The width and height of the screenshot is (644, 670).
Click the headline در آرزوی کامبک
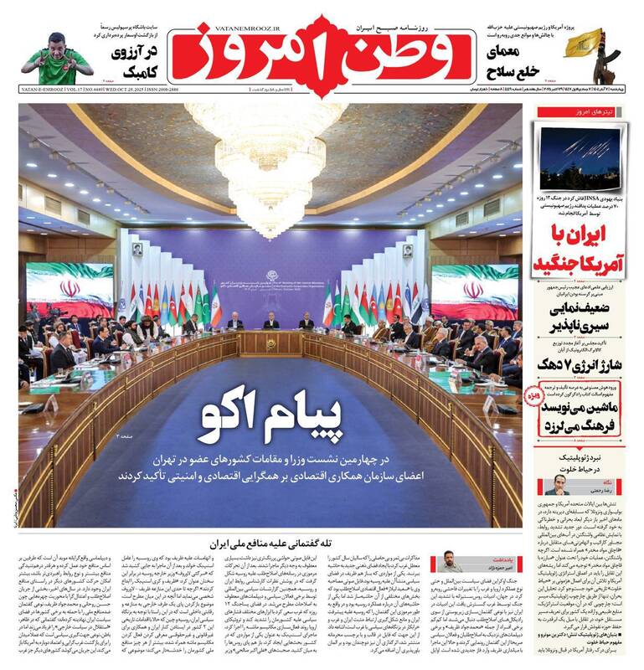[x=137, y=61]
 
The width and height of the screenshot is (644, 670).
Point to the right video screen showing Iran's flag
[x=464, y=290]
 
